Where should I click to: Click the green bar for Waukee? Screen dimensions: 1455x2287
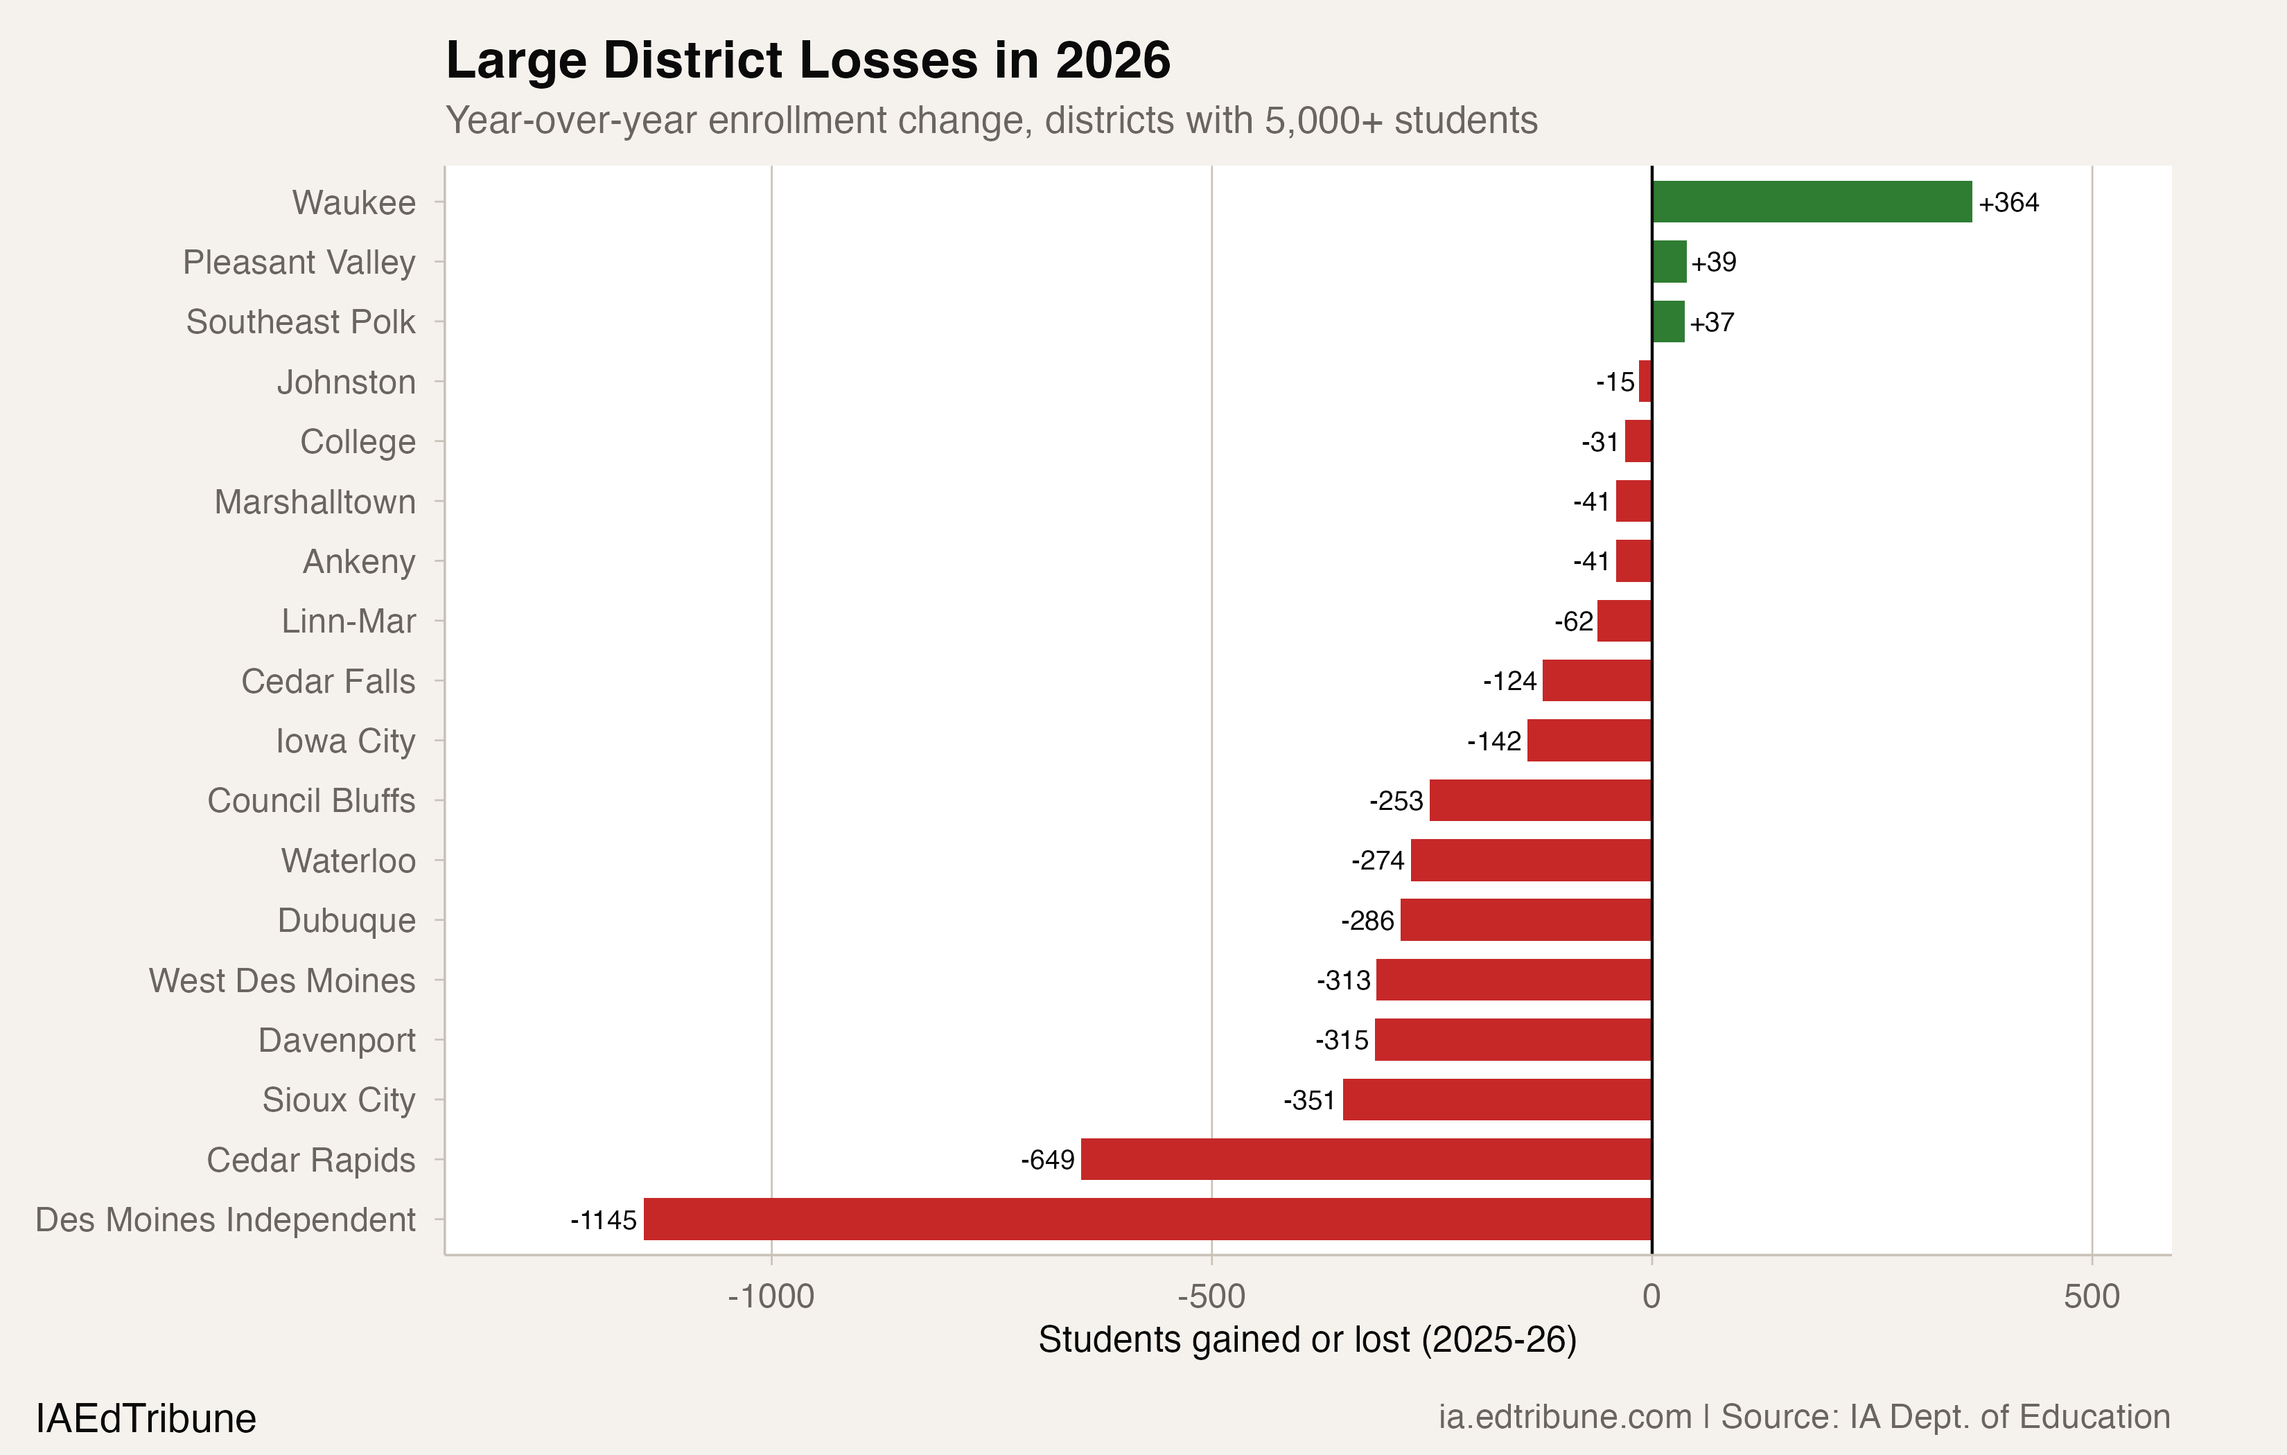tap(1810, 202)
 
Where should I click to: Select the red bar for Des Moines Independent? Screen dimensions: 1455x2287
tap(1147, 1219)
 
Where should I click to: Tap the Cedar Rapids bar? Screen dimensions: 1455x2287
tap(1366, 1158)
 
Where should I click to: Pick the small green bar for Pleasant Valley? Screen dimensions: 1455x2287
tap(1669, 261)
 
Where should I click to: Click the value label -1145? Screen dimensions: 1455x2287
tap(603, 1219)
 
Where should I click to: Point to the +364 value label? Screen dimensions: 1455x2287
tap(2008, 202)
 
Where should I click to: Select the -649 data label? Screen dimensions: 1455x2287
tap(1048, 1160)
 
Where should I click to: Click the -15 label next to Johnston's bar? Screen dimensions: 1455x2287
tap(1615, 382)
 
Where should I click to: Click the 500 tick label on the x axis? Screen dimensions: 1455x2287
tap(2092, 1296)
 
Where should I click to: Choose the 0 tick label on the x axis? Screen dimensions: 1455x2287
tap(1651, 1296)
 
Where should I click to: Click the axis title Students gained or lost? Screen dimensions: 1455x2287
tap(1307, 1339)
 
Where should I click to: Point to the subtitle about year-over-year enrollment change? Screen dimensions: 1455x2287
tap(990, 121)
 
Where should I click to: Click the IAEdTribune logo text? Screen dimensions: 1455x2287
tap(146, 1418)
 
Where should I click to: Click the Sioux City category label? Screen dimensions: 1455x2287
tap(338, 1100)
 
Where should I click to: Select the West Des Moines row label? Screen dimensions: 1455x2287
tap(282, 980)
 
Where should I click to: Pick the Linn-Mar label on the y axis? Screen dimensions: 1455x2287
tap(348, 621)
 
